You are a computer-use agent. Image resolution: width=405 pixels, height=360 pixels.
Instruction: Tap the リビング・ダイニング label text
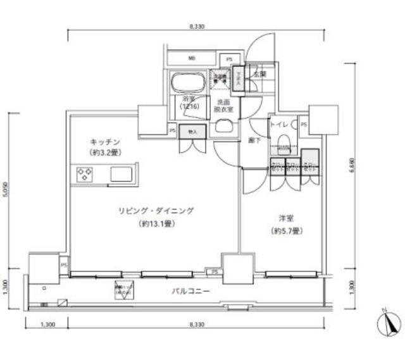tap(155, 211)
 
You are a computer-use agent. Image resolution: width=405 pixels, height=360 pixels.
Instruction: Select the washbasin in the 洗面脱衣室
tap(223, 126)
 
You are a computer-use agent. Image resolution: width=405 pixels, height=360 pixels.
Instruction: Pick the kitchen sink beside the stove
tap(123, 173)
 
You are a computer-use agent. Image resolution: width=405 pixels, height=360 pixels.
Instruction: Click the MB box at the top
tap(191, 58)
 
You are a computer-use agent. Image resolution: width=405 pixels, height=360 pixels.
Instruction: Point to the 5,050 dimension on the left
tap(5, 190)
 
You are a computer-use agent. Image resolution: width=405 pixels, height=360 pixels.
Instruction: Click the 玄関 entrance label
tap(259, 74)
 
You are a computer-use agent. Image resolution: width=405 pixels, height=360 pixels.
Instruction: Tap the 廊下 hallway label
tap(253, 140)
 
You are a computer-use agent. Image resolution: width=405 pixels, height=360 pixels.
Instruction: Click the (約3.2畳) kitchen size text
tap(104, 153)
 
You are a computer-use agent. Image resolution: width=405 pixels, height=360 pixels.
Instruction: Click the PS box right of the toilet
tap(305, 124)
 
